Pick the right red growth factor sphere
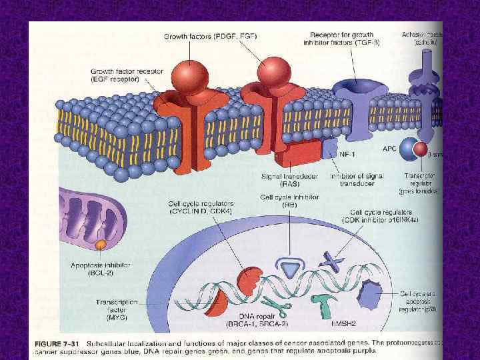click(271, 72)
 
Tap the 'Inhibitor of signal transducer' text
click(356, 180)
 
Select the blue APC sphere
click(409, 151)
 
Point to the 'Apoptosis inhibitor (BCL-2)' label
click(99, 269)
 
